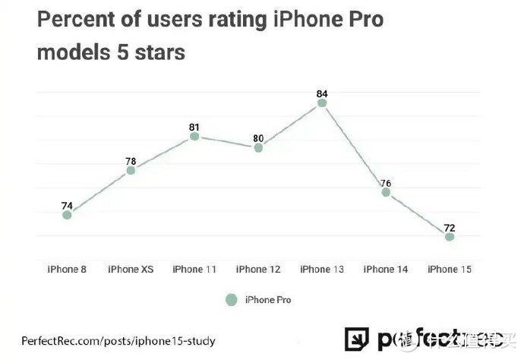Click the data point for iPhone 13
tap(322, 103)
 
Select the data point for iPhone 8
tap(67, 215)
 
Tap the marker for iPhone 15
tap(450, 237)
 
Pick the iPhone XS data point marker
tap(131, 170)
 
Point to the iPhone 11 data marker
tap(194, 137)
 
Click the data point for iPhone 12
tap(258, 147)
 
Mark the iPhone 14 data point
tap(386, 192)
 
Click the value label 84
tap(322, 93)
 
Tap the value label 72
tap(450, 227)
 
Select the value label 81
tap(194, 127)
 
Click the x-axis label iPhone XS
tap(131, 270)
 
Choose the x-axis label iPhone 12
tap(258, 270)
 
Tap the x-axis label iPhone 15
tap(450, 270)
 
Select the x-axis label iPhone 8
tap(67, 270)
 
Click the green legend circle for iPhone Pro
tap(232, 299)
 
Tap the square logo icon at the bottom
tap(356, 339)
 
